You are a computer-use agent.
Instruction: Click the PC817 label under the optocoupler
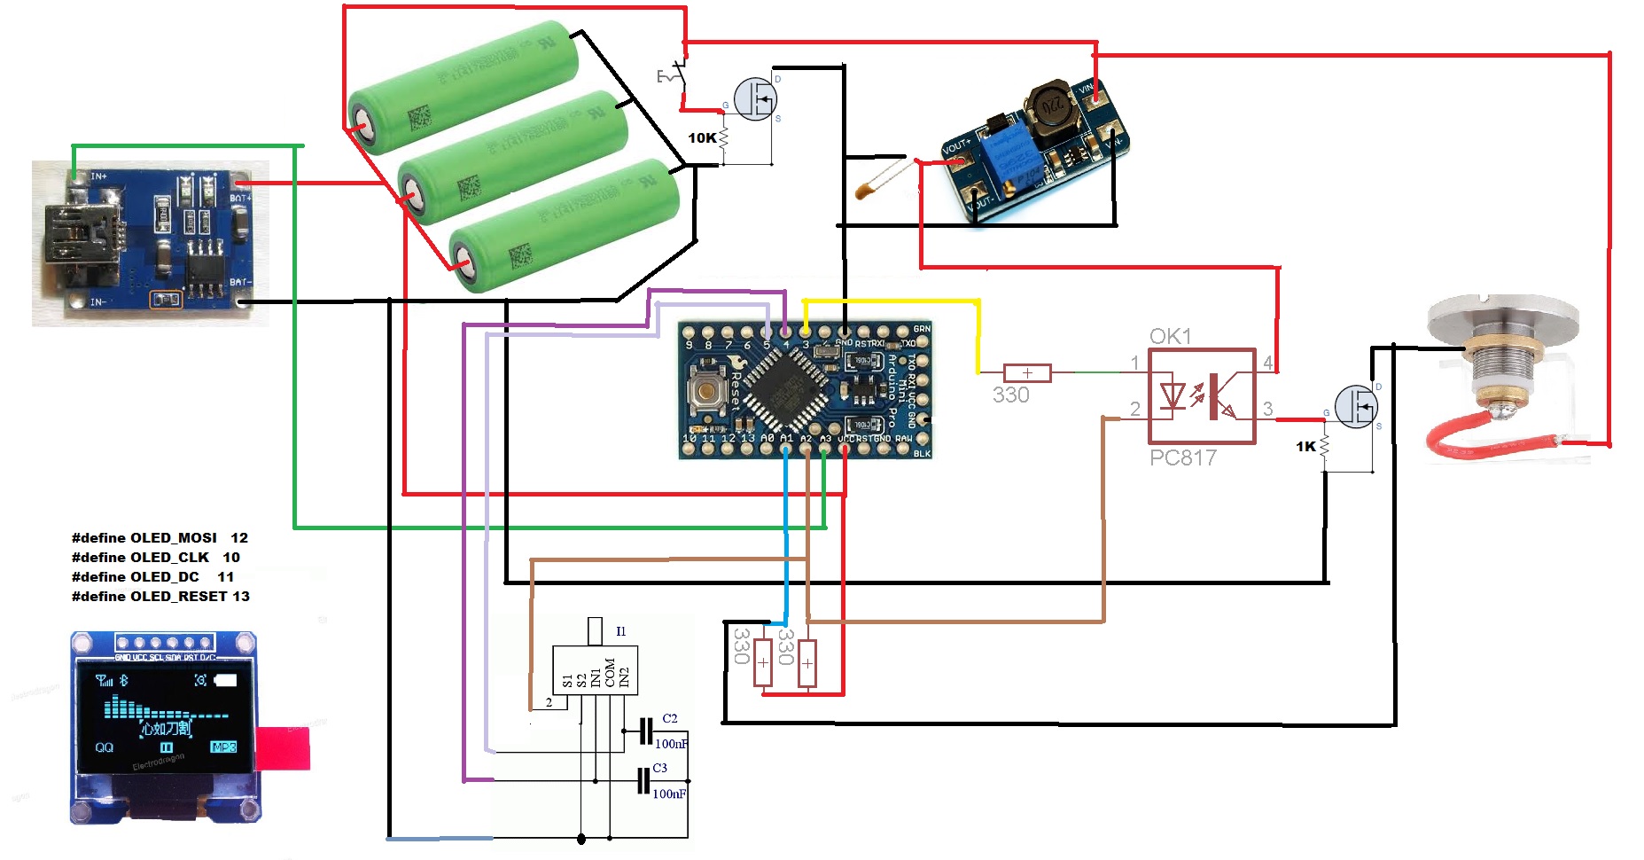[1182, 457]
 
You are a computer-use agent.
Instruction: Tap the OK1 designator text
[1170, 336]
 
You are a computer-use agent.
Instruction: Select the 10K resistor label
[702, 137]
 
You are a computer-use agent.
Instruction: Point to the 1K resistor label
[1305, 446]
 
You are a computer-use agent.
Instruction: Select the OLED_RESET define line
[160, 596]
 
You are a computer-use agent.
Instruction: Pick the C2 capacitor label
[670, 718]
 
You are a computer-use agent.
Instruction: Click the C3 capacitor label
[660, 768]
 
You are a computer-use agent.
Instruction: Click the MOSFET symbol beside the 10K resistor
[755, 99]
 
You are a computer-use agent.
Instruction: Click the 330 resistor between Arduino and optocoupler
[1026, 373]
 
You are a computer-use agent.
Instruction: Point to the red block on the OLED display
[284, 747]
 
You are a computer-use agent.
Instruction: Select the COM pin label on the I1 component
[610, 673]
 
